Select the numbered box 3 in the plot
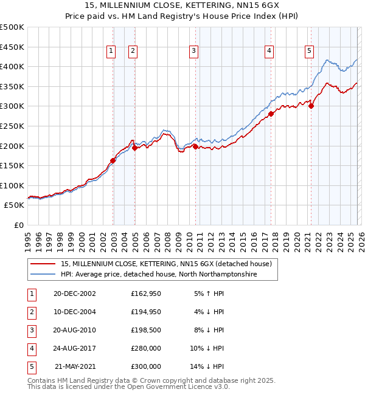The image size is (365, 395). [193, 52]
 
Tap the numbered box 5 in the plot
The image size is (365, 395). [310, 52]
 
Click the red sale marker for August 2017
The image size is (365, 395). [271, 113]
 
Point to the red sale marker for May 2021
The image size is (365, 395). [311, 106]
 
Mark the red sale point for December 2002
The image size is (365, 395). [113, 160]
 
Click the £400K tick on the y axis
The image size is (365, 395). [12, 66]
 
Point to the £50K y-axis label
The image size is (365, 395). [15, 205]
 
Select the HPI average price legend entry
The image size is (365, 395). [159, 275]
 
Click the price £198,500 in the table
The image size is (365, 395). [146, 330]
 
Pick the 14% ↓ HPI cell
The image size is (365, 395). [209, 366]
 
